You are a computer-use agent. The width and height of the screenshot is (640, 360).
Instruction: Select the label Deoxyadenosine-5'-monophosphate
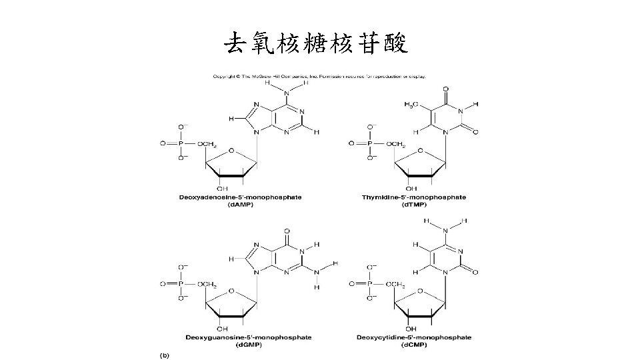(x=239, y=197)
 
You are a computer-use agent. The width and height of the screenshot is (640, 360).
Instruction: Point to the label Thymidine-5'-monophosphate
(x=413, y=197)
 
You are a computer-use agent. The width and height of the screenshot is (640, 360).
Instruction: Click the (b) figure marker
(x=164, y=355)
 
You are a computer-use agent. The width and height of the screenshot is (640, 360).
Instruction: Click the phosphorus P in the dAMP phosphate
(x=179, y=143)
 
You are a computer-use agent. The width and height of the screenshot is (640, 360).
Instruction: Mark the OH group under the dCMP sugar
(x=411, y=329)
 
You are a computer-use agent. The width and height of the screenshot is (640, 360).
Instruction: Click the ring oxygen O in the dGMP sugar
(x=231, y=291)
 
